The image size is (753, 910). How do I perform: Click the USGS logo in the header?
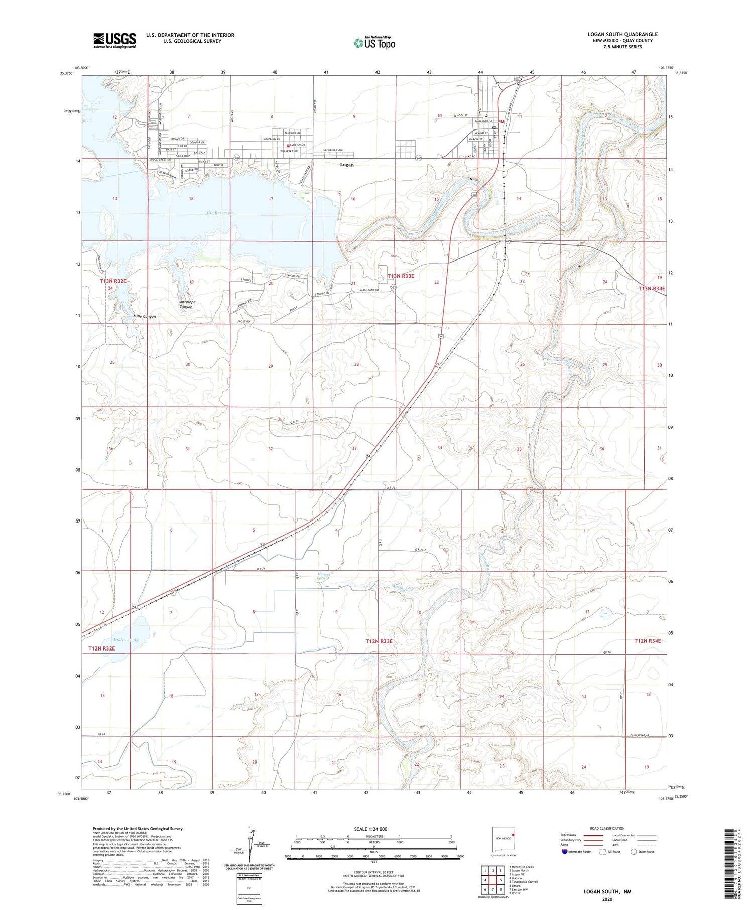click(114, 40)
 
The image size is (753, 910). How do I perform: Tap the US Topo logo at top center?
click(374, 43)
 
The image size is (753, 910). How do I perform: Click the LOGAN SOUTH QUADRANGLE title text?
click(622, 34)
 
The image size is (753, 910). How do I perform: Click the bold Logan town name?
click(346, 165)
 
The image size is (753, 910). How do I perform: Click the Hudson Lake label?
click(125, 640)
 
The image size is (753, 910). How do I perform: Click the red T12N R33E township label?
click(379, 641)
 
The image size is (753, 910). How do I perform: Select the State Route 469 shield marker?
click(508, 241)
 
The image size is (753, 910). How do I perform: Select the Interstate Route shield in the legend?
click(565, 852)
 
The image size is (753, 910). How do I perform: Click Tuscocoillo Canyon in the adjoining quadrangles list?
click(523, 881)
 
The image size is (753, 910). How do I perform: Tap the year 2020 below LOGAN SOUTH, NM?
click(606, 899)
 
